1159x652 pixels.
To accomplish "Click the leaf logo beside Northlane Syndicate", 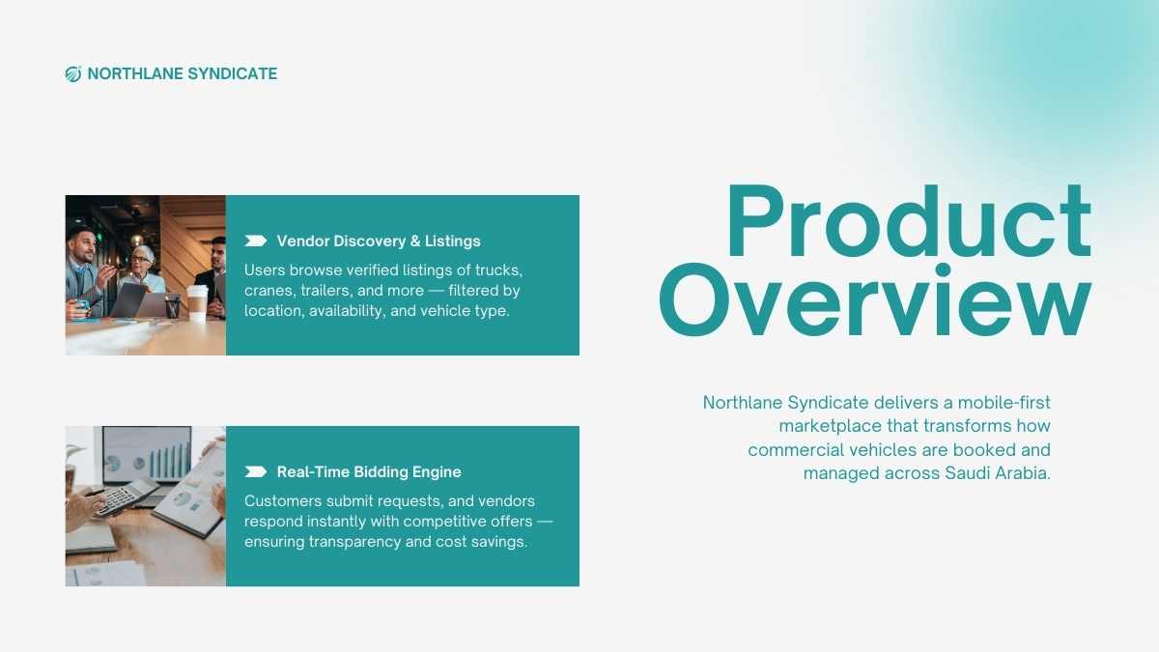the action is point(73,74).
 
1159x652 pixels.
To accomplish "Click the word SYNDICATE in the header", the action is point(233,73).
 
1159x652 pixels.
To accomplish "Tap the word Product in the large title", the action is point(909,221).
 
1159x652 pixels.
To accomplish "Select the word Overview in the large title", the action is point(875,300).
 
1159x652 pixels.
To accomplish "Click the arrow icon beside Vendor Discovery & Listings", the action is point(256,241).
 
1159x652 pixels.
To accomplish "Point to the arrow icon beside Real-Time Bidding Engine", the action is point(256,471).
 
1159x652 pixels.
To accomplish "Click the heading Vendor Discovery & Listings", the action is point(379,241).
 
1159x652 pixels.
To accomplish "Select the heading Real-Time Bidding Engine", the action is point(369,472).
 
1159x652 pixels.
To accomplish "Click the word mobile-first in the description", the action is point(1004,402).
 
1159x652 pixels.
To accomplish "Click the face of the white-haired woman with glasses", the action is point(140,260).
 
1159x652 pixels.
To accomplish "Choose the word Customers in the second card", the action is point(283,501).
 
